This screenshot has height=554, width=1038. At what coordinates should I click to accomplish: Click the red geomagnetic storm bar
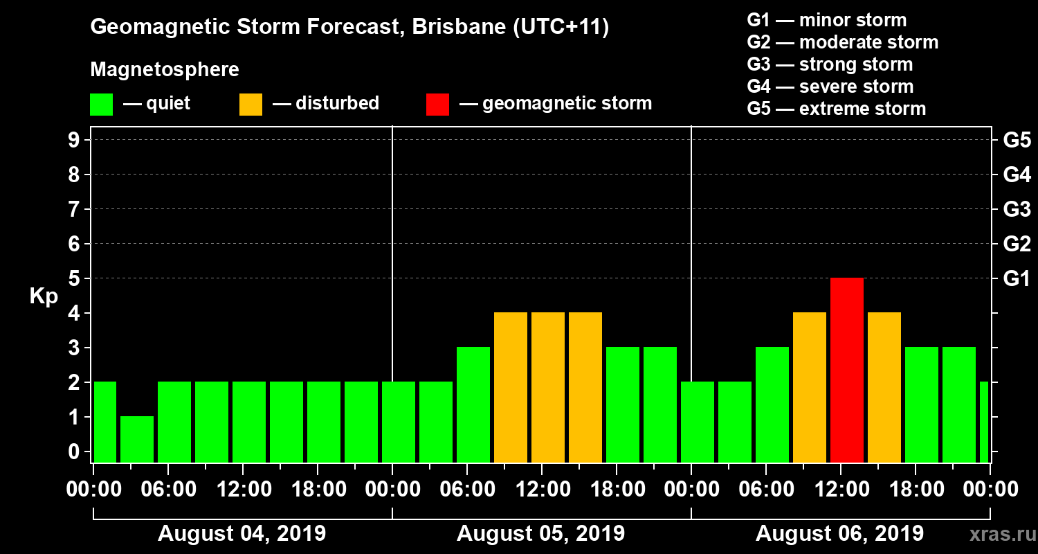[847, 370]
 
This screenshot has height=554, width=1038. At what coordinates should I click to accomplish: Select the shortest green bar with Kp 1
[137, 439]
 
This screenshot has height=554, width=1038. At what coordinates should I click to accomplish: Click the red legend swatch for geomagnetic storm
[437, 104]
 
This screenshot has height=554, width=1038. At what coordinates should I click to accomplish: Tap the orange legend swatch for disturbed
[251, 104]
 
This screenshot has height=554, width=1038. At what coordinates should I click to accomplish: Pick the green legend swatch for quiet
[101, 104]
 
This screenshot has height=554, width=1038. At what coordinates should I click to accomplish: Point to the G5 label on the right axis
[1017, 141]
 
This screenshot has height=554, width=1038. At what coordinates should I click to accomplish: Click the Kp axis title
[44, 296]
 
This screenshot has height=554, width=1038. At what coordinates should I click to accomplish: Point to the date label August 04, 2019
[242, 534]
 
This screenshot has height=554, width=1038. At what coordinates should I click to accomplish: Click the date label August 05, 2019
[541, 534]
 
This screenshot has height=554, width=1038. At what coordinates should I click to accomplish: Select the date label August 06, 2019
[839, 534]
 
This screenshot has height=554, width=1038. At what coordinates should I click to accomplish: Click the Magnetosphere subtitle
[165, 70]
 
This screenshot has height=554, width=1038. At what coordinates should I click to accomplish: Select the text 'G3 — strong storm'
[830, 64]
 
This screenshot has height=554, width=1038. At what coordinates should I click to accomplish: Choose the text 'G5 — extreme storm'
[836, 109]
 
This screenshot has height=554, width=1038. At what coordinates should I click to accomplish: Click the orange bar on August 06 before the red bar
[810, 387]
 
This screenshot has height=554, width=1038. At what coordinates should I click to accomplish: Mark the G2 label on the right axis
[1017, 244]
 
